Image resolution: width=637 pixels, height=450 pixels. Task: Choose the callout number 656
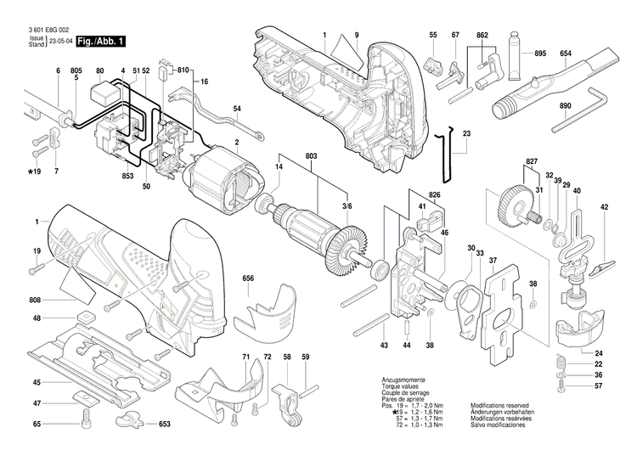click(248, 278)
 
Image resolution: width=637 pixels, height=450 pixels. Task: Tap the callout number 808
click(36, 301)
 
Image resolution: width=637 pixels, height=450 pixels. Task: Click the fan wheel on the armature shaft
click(349, 250)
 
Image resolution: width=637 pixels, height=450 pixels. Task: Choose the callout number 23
click(466, 134)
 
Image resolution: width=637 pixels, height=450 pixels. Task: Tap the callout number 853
click(127, 176)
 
